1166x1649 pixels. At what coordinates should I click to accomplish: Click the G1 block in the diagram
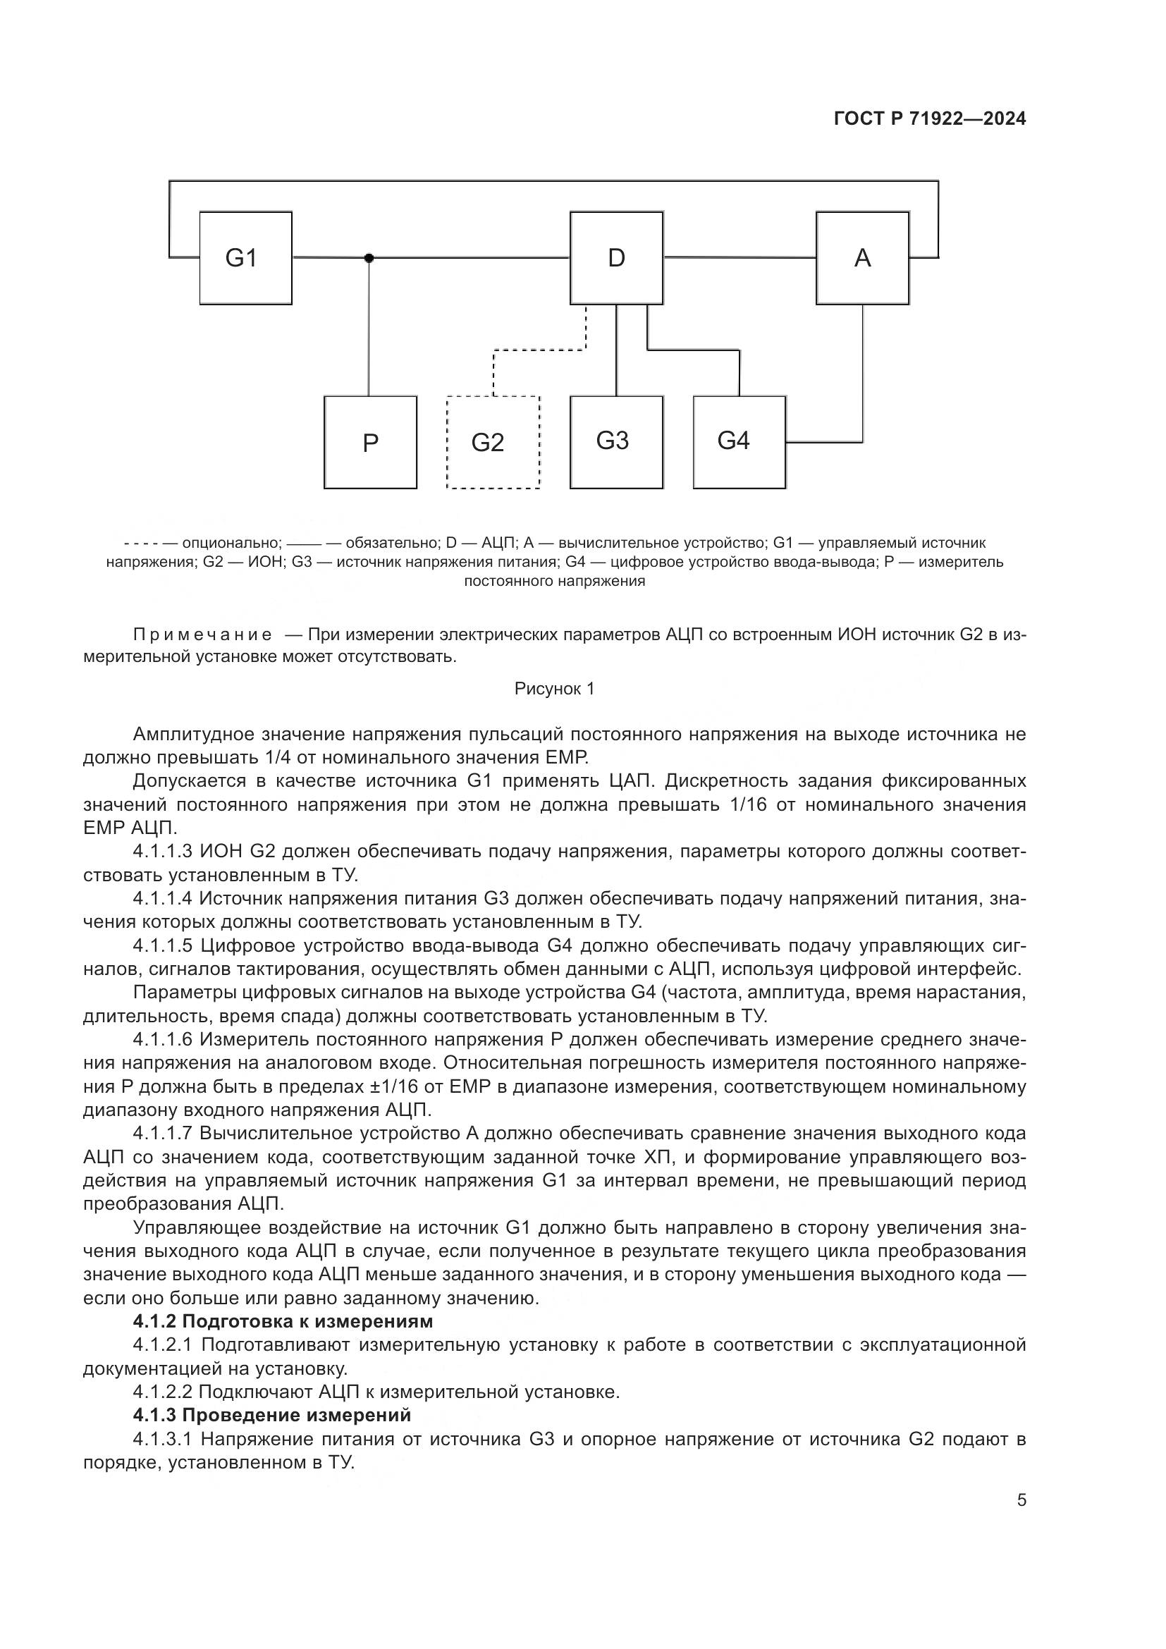point(245,258)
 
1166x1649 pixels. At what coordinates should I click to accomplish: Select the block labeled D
point(616,258)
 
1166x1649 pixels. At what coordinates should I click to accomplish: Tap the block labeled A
point(862,258)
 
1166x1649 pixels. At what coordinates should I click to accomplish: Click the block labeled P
point(370,443)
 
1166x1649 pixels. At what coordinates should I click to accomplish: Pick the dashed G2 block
point(493,443)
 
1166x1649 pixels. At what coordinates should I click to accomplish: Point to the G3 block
point(616,442)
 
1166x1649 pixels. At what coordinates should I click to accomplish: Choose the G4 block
point(739,442)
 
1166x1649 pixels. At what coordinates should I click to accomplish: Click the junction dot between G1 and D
point(369,258)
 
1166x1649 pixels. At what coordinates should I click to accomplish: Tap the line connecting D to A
point(740,257)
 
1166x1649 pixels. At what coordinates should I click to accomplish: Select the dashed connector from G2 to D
point(539,350)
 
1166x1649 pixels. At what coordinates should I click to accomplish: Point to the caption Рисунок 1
point(554,689)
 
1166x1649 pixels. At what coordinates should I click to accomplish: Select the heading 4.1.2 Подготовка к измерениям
point(283,1320)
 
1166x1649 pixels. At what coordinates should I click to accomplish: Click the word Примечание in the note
point(202,635)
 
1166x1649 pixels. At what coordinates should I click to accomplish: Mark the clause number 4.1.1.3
point(162,852)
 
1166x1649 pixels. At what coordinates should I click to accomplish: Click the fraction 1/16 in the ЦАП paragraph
point(747,804)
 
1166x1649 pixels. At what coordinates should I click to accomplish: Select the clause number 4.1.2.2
point(162,1392)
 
